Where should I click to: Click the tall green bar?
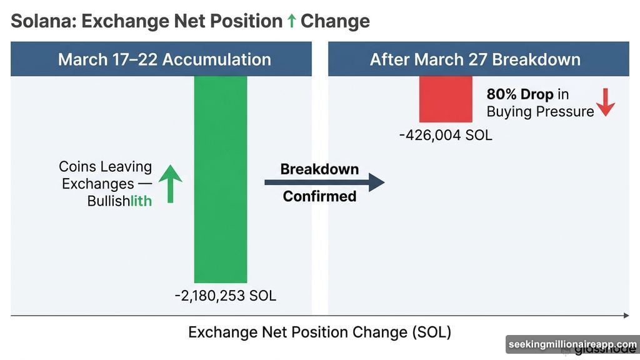pyautogui.click(x=221, y=179)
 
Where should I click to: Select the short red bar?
pyautogui.click(x=446, y=99)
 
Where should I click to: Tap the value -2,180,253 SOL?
pyautogui.click(x=225, y=296)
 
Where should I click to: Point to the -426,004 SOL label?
pyautogui.click(x=445, y=134)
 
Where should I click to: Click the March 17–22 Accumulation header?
pyautogui.click(x=164, y=59)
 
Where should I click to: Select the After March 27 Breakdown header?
pyautogui.click(x=475, y=59)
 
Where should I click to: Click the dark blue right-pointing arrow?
pyautogui.click(x=324, y=182)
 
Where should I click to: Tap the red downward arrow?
pyautogui.click(x=606, y=104)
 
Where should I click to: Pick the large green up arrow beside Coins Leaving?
pyautogui.click(x=170, y=184)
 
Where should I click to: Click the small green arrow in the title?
pyautogui.click(x=291, y=21)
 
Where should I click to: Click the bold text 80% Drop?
pyautogui.click(x=520, y=95)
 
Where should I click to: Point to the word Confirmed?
pyautogui.click(x=319, y=196)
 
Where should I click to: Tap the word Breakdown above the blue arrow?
pyautogui.click(x=319, y=169)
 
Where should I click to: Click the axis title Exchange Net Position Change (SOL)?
pyautogui.click(x=319, y=332)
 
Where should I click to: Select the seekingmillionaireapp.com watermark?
pyautogui.click(x=572, y=344)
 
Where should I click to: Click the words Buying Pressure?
pyautogui.click(x=540, y=112)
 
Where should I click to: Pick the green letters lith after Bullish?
pyautogui.click(x=141, y=201)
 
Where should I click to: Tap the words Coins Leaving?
pyautogui.click(x=105, y=167)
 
